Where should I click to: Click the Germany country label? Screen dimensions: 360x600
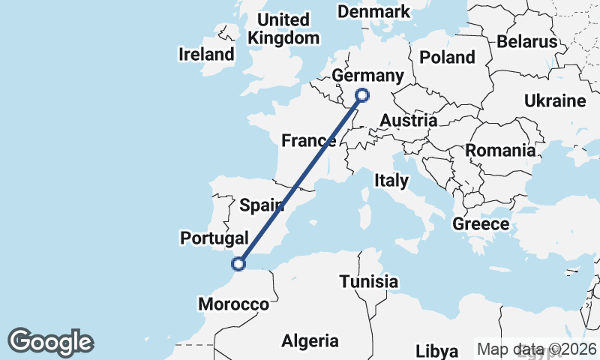(367, 76)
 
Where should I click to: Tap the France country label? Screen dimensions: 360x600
(307, 140)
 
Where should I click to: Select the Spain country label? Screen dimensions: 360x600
(261, 204)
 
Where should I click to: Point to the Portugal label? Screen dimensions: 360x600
(214, 238)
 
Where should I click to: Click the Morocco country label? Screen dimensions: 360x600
(233, 304)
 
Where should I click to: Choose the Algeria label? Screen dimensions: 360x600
(310, 341)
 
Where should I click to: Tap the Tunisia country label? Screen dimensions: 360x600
(368, 282)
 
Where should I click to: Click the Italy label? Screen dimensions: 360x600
(391, 181)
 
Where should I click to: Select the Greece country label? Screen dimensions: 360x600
(481, 223)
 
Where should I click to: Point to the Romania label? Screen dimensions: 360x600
(500, 150)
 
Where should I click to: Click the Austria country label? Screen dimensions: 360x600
(409, 120)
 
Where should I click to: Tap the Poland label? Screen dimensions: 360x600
(448, 57)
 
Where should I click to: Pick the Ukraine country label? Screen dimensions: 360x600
(554, 100)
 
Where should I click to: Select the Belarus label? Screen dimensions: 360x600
(532, 41)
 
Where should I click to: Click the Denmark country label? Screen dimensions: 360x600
(374, 11)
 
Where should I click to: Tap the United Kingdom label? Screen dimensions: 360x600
(283, 29)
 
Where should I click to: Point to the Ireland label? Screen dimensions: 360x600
(206, 54)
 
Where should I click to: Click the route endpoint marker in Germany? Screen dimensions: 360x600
(362, 94)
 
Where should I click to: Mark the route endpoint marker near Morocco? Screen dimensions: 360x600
(238, 263)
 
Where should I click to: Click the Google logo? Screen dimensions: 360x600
(50, 342)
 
